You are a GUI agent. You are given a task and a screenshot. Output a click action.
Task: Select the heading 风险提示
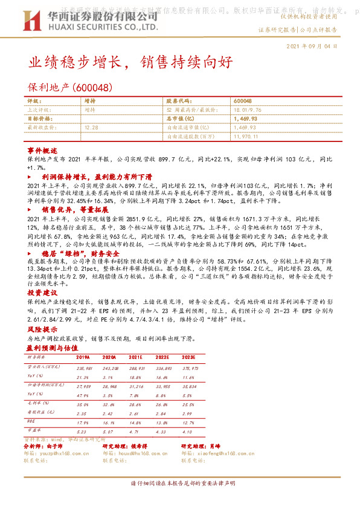(41, 329)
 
